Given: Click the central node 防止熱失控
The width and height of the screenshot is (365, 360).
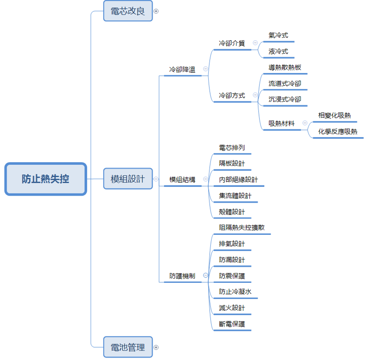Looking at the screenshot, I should point(45,179).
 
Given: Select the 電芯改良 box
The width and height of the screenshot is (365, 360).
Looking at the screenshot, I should point(128,11).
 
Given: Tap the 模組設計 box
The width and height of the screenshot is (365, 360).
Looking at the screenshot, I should point(128,179).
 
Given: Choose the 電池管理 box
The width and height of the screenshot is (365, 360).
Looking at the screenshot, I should point(128,347).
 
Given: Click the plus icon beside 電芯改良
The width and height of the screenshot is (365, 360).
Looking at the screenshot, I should point(156,11).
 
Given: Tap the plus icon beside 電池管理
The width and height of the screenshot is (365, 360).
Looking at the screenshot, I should point(156,347).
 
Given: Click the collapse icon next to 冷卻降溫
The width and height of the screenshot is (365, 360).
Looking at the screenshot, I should point(206,69).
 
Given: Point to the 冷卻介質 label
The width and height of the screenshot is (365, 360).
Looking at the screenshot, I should point(232,43).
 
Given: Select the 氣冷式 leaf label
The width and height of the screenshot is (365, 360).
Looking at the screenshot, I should point(278,35).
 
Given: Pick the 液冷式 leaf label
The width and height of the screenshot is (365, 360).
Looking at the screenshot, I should point(278,51).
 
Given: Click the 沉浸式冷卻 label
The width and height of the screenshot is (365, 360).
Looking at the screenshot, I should point(285,99).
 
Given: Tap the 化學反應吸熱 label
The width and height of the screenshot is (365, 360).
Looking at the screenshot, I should point(338,132).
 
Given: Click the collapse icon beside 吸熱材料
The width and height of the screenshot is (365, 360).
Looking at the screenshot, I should point(305,123).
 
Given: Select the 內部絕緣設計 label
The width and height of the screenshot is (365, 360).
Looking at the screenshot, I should point(238,180).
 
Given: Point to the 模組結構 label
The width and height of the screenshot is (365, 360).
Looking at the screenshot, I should point(182,180).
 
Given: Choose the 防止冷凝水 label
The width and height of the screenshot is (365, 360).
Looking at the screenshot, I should point(235,292).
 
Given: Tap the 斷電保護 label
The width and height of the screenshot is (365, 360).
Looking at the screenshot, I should point(232,324).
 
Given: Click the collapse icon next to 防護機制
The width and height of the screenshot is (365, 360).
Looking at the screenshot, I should point(206,276).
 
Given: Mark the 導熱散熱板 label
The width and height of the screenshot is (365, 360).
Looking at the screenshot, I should point(285,67).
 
